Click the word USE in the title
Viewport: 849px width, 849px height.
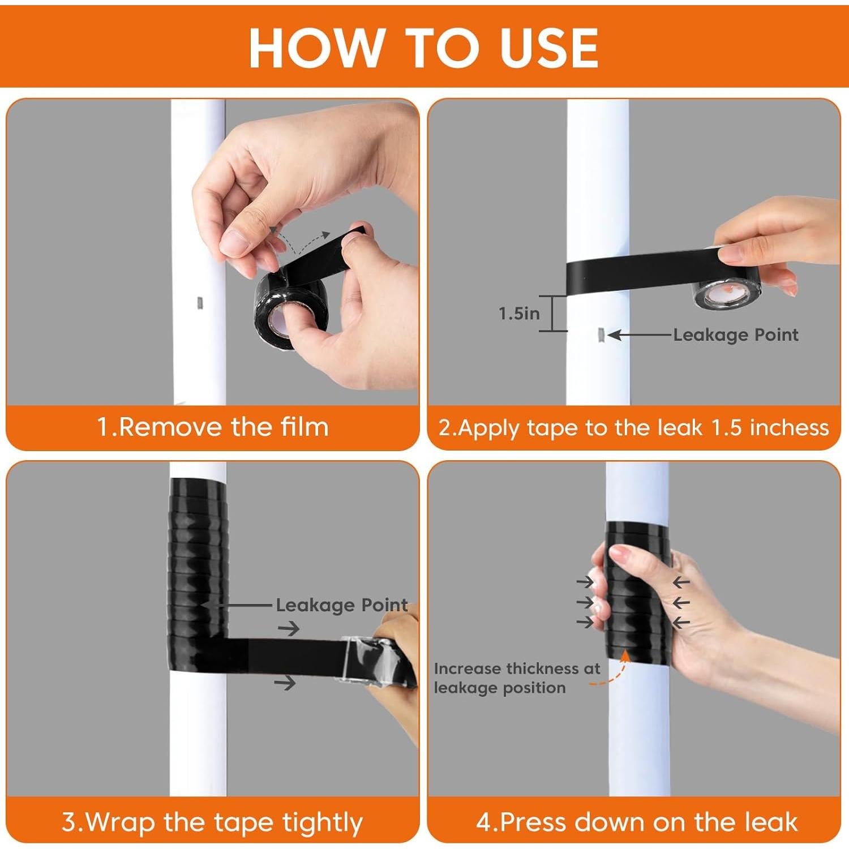pos(549,48)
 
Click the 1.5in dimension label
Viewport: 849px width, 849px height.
pos(519,314)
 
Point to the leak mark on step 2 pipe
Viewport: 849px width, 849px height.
pos(601,335)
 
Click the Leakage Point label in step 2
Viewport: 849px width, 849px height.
pos(736,335)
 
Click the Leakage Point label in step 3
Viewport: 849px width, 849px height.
pos(341,605)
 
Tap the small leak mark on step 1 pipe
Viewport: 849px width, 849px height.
pos(199,303)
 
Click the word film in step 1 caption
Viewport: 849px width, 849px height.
pos(305,427)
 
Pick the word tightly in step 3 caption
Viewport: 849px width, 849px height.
pos(323,822)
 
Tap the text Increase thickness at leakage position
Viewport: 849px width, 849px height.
pos(516,678)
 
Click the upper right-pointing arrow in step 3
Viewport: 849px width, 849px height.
pos(289,628)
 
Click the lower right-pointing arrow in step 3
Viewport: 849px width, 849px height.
pos(285,683)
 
